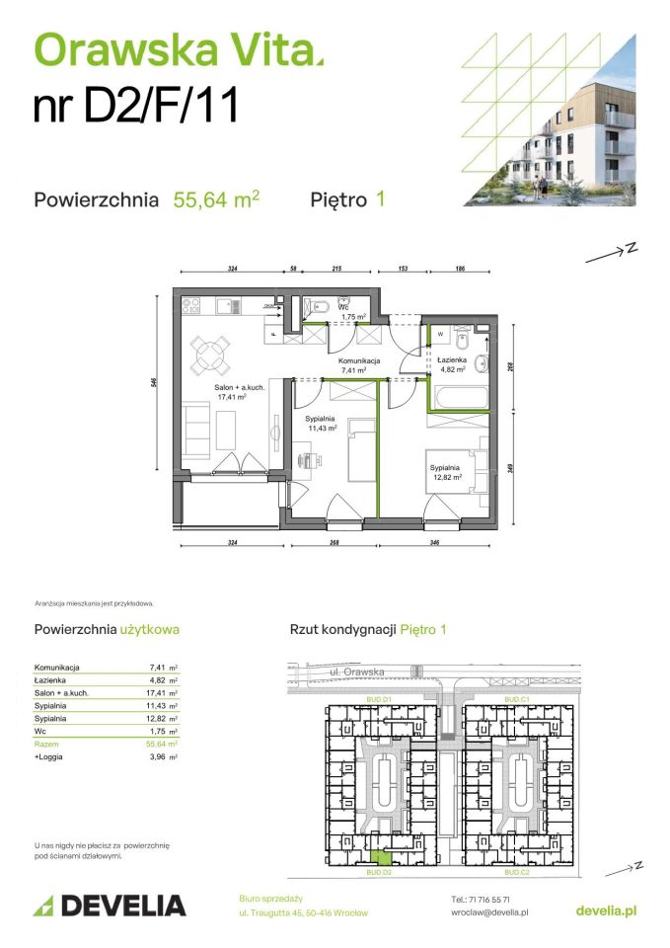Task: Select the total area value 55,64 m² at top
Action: [216, 199]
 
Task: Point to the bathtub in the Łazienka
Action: [457, 398]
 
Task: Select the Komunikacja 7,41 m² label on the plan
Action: [359, 366]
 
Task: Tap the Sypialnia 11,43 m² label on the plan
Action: [322, 424]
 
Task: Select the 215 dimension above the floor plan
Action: [335, 269]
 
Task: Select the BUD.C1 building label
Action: [518, 699]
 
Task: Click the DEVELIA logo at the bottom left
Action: [110, 905]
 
